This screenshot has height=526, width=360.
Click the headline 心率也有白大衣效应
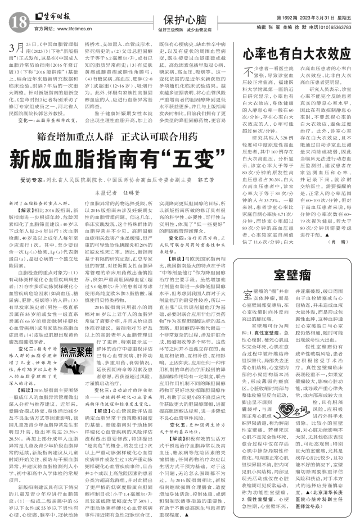tap(296, 54)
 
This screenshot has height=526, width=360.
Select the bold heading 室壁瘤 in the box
tap(296, 276)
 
